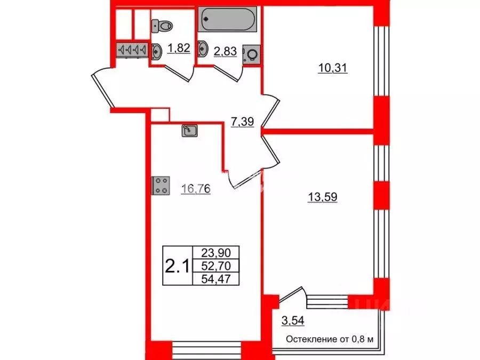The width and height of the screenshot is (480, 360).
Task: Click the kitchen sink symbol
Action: click(x=190, y=131)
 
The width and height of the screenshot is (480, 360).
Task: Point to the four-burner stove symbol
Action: click(x=161, y=185)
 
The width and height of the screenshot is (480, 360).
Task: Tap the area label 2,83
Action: click(x=224, y=52)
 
